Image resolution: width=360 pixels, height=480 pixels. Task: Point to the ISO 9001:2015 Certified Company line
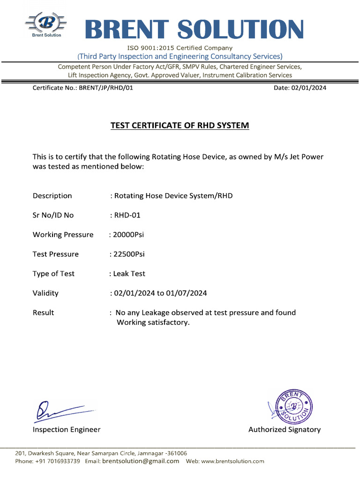click(x=180, y=48)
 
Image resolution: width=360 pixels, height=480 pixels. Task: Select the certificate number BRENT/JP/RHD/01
click(x=106, y=88)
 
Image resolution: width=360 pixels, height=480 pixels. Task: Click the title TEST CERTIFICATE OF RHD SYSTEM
click(x=180, y=126)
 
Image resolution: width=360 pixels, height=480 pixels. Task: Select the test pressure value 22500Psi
click(x=128, y=254)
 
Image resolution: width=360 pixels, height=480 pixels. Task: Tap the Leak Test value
click(x=129, y=274)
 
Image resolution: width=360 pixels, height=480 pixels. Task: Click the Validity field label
click(x=45, y=293)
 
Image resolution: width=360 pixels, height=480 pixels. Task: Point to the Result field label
click(x=43, y=313)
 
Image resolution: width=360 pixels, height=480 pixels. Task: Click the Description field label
click(x=52, y=196)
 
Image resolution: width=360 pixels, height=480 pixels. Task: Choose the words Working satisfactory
click(x=153, y=322)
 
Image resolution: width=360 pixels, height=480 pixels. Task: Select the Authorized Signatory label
click(x=285, y=429)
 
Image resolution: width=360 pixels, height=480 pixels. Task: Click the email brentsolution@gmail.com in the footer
click(x=141, y=461)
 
